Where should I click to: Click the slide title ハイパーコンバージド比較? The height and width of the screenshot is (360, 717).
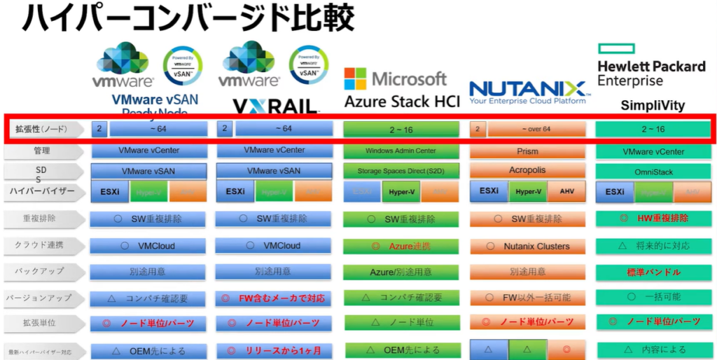[x=188, y=19]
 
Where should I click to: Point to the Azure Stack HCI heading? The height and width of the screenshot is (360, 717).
[x=402, y=102]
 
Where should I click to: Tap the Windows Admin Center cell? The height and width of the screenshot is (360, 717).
[x=401, y=151]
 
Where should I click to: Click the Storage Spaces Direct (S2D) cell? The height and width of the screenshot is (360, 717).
[x=401, y=170]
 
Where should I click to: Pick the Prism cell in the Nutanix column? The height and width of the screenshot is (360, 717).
[x=527, y=151]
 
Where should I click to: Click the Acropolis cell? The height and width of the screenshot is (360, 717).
[x=527, y=170]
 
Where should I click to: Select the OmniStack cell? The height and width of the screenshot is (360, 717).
[x=653, y=171]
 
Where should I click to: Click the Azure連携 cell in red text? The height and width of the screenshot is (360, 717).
[x=401, y=246]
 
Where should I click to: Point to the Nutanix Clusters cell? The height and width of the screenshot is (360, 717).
[x=527, y=246]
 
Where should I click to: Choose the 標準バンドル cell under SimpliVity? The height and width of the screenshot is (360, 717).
[x=653, y=271]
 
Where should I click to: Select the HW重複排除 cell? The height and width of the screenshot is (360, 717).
[x=653, y=219]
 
